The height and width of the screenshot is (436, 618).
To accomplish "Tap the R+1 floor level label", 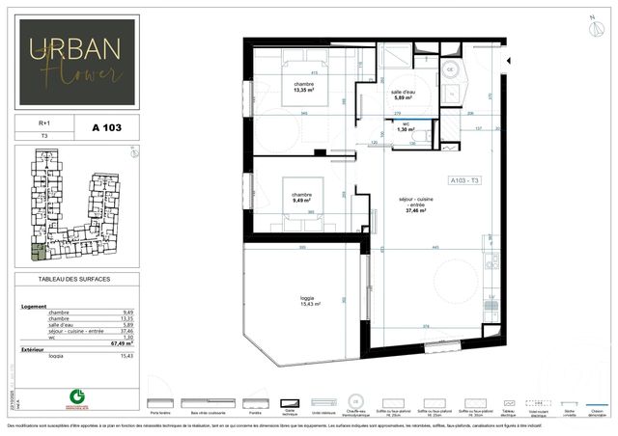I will tap(43, 123).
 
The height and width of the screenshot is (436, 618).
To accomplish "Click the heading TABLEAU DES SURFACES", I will tap(74, 279).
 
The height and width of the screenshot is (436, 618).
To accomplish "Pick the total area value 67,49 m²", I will tap(121, 341).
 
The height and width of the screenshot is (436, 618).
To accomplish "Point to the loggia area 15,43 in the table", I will tap(126, 355).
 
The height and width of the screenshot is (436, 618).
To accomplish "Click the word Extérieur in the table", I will tap(34, 348).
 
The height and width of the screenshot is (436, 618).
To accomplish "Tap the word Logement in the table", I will tap(35, 306).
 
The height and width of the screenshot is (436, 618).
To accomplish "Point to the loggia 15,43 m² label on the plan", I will tap(309, 301).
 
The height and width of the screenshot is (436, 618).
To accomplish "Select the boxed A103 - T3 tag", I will tap(465, 180).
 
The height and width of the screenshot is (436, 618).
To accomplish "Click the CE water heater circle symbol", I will tap(450, 69).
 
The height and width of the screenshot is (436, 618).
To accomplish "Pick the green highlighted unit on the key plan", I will tap(37, 253).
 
